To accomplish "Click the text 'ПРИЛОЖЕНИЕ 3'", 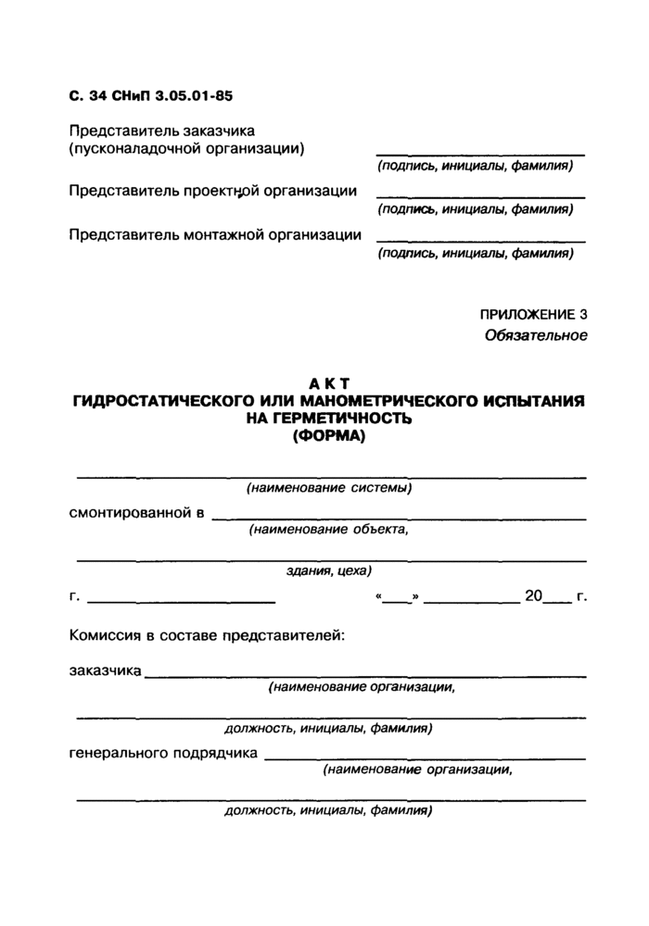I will click(533, 315).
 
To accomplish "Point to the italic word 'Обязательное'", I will click(536, 335).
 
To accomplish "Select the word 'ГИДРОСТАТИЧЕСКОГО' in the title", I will click(166, 402).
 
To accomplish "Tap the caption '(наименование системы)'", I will click(329, 488).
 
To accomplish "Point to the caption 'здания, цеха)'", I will click(329, 570).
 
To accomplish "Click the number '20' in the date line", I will click(533, 597).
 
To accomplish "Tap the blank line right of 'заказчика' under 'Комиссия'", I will click(365, 674).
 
